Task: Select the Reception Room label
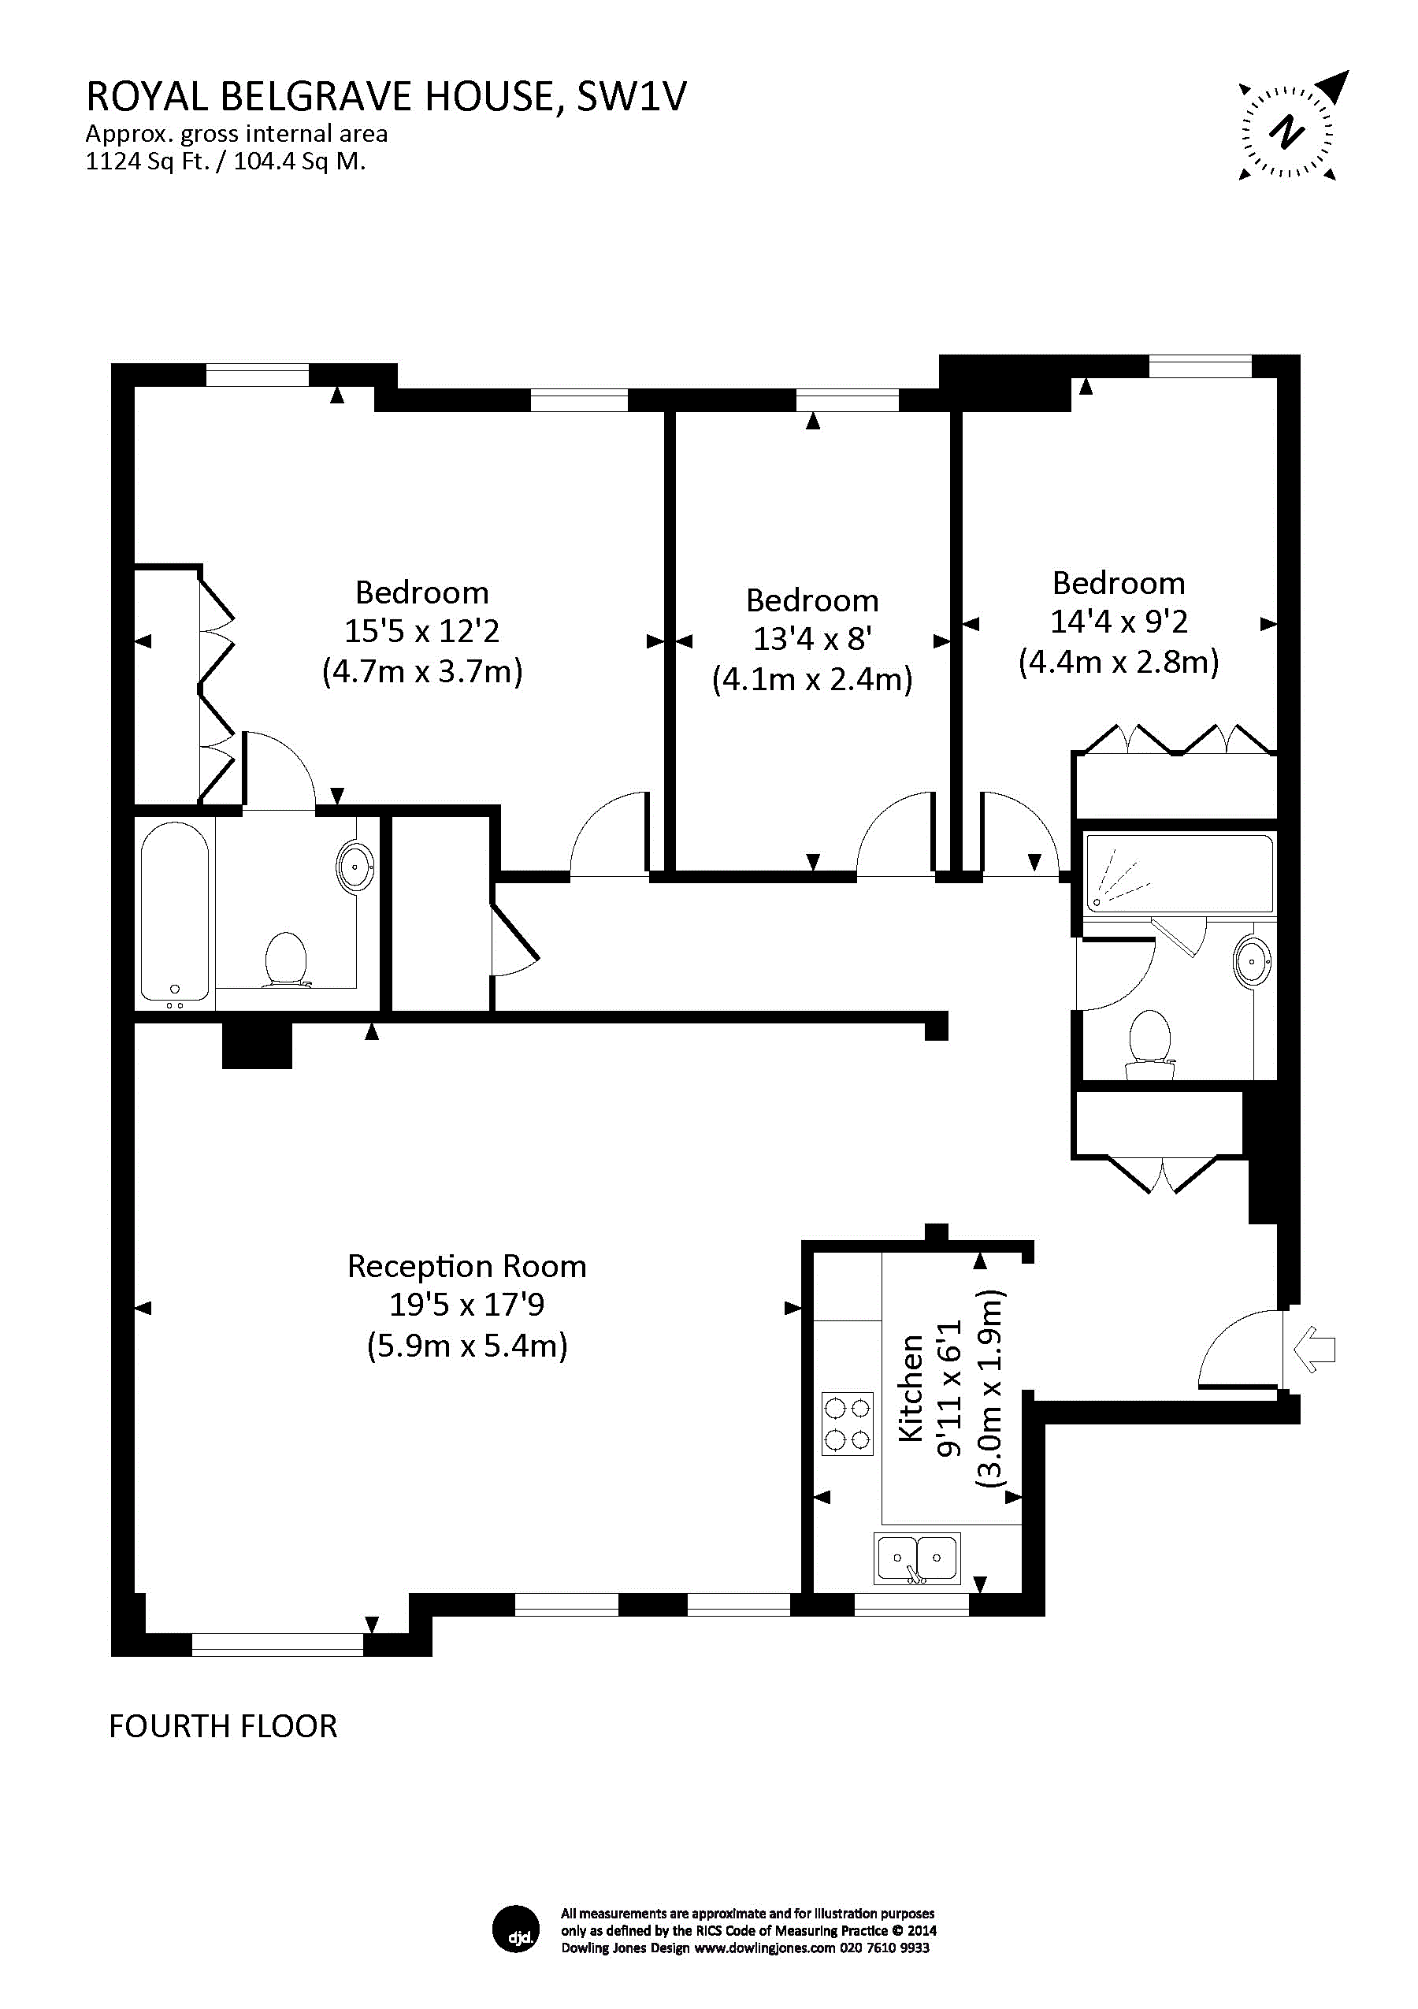(x=466, y=1266)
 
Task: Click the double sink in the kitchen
(x=917, y=1558)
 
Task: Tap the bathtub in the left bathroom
(x=175, y=912)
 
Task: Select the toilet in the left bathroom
(x=285, y=960)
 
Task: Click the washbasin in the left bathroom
(x=355, y=867)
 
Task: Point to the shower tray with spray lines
(x=1179, y=873)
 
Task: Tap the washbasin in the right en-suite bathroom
(x=1253, y=963)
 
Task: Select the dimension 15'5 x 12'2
(x=421, y=631)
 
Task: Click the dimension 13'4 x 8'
(x=811, y=639)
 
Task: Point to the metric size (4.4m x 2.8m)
(x=1118, y=662)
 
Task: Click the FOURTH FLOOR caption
(x=223, y=1725)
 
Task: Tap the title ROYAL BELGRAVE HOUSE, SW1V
(x=386, y=96)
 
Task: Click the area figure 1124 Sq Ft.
(x=147, y=162)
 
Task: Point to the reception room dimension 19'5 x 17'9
(x=466, y=1305)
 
